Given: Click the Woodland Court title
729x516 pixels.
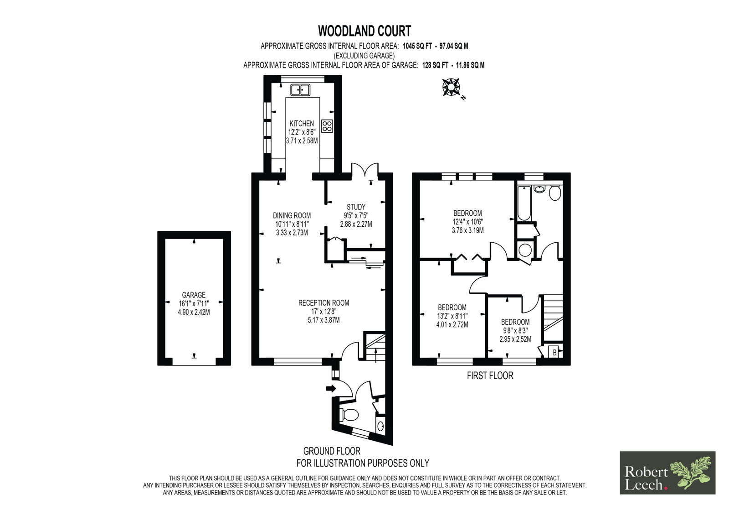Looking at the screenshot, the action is click(364, 31).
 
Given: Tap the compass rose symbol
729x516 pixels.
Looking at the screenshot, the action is click(451, 87).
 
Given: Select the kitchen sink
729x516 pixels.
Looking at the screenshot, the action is click(300, 89).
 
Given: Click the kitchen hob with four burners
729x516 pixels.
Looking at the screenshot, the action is click(327, 126).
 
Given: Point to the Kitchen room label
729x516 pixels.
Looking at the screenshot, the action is click(302, 124).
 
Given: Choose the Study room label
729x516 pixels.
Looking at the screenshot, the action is click(356, 207).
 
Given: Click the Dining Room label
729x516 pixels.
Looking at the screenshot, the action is click(292, 215).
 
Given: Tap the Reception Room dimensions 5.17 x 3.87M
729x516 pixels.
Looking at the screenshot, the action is click(324, 320).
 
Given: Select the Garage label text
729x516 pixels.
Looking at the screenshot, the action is click(194, 295).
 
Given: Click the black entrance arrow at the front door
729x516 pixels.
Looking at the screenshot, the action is click(331, 388).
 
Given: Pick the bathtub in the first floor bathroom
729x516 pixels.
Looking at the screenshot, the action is click(524, 203).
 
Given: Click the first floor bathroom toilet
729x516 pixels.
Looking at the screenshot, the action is click(555, 193).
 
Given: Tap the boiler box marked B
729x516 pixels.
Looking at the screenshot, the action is click(554, 352).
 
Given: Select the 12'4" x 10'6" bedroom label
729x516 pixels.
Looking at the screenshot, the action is click(467, 222).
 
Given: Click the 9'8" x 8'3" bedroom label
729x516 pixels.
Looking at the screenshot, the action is click(515, 330).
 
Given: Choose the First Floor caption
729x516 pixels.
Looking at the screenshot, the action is click(490, 376).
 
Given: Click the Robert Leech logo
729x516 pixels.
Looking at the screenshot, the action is click(667, 473).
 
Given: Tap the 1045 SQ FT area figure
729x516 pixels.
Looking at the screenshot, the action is click(418, 46).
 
